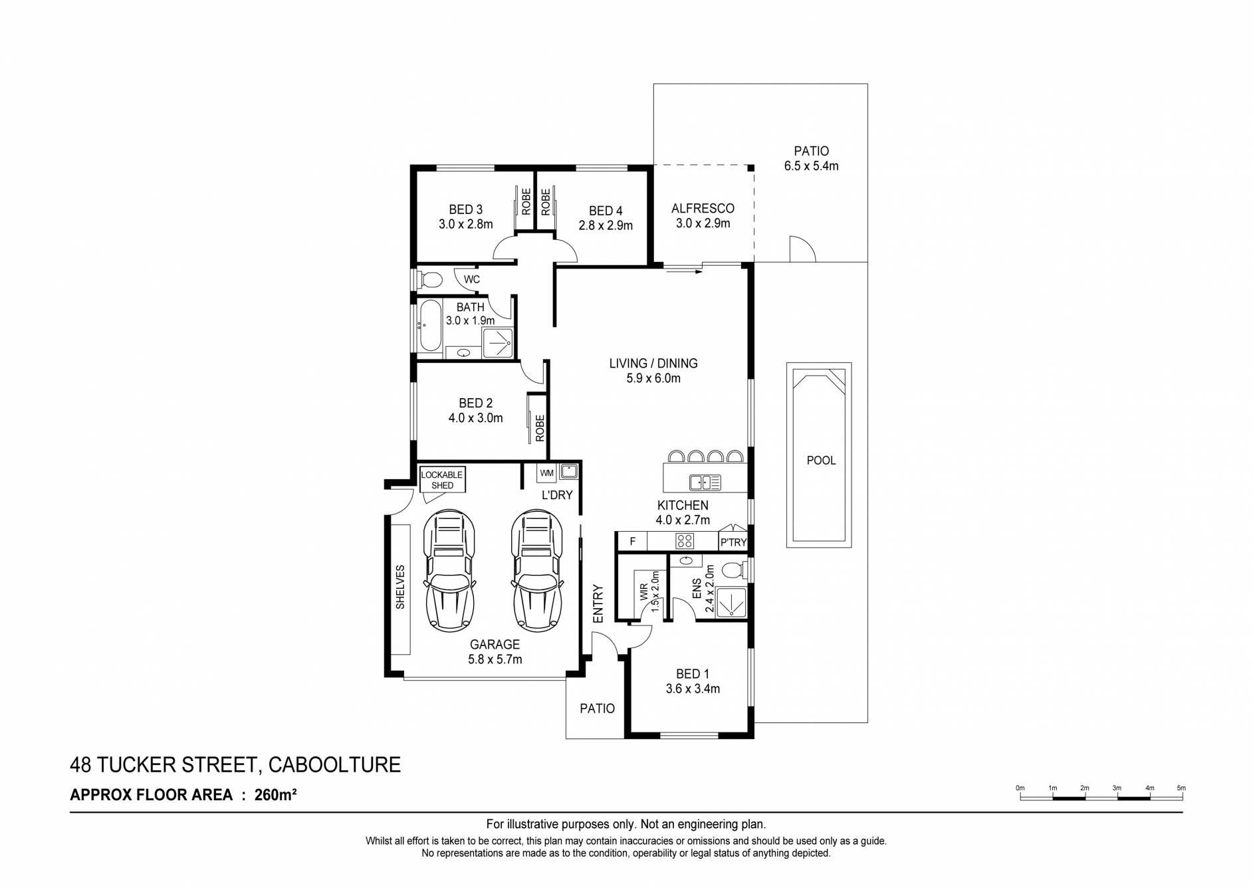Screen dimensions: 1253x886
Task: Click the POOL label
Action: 821,461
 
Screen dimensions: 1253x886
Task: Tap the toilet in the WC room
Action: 429,279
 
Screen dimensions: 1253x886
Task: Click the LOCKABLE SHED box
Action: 442,480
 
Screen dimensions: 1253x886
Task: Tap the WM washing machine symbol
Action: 546,473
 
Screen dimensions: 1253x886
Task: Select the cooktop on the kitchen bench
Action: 685,541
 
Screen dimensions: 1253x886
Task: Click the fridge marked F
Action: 633,542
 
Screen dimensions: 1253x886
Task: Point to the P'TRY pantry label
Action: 734,543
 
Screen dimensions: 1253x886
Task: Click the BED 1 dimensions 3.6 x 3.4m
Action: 693,689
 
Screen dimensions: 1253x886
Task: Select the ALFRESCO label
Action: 703,208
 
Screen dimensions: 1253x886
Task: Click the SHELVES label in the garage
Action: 400,587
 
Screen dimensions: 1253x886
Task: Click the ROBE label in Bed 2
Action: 540,428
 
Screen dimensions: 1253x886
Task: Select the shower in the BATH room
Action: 498,344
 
